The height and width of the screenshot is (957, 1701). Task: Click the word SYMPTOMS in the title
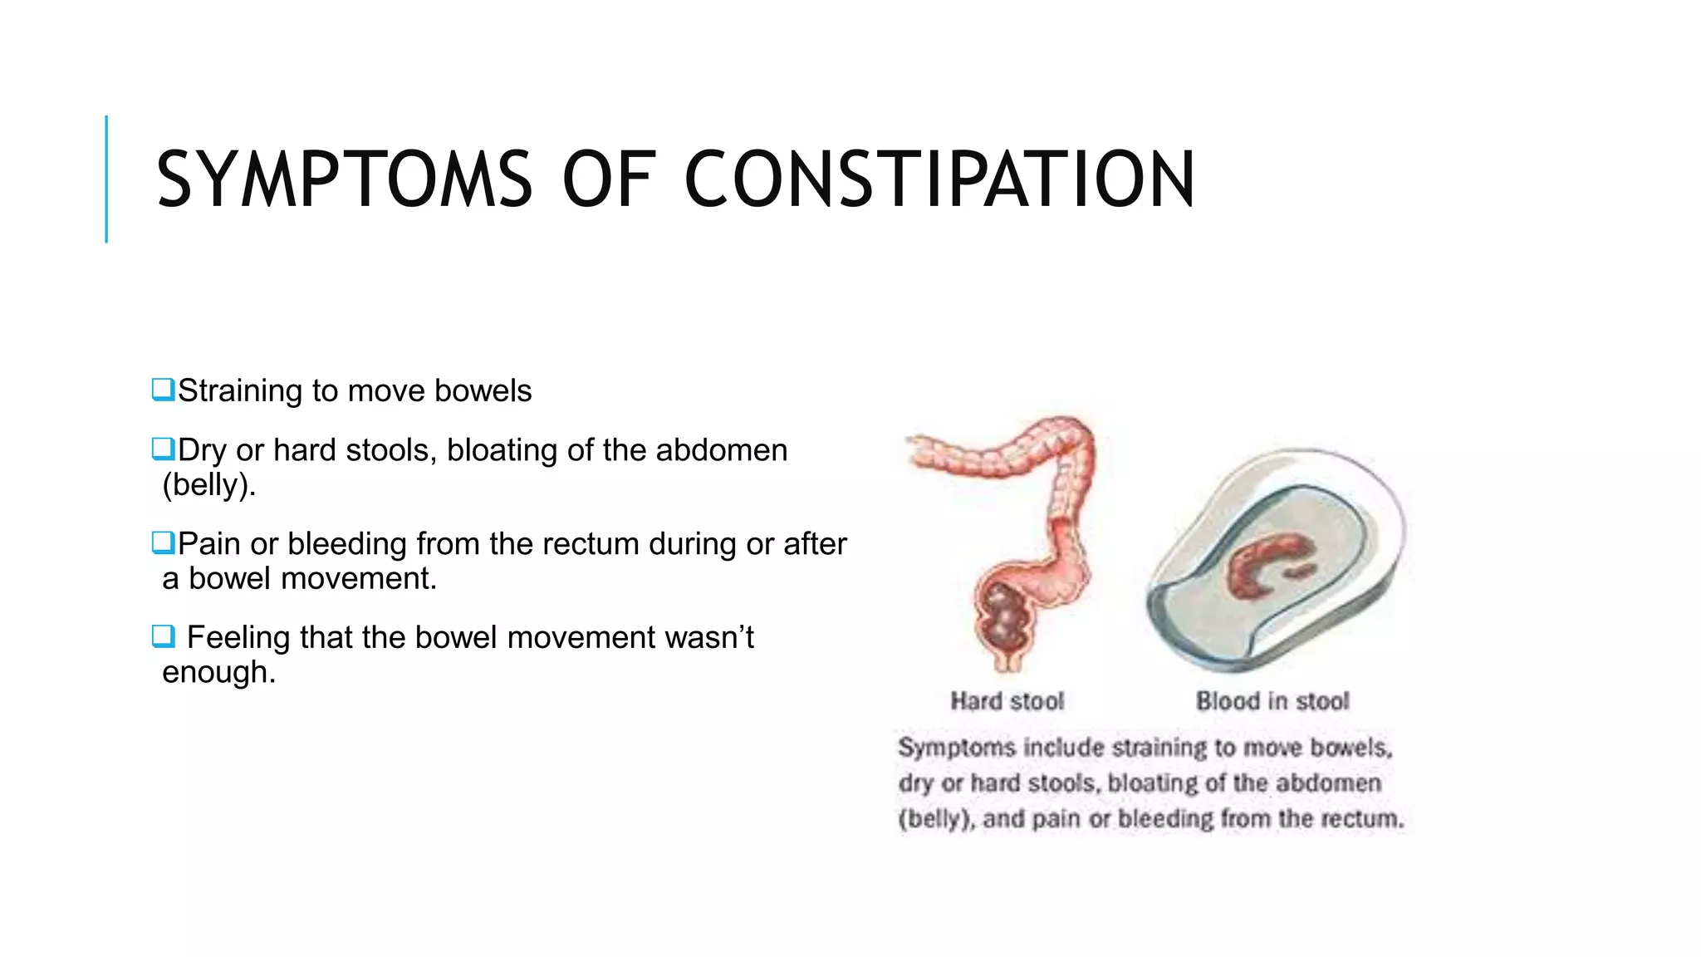coord(344,179)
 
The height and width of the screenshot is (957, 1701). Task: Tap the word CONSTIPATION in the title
coord(939,179)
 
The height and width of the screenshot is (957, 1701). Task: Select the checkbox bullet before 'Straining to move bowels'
coord(163,390)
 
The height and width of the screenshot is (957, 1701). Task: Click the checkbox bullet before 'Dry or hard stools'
coord(163,449)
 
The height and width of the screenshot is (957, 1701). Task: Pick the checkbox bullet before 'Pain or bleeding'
coord(163,543)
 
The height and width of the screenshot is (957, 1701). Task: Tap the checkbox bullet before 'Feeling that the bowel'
coord(163,637)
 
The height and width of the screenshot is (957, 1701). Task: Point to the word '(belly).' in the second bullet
coord(208,484)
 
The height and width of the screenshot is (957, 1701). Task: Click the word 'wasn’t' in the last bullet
coord(709,637)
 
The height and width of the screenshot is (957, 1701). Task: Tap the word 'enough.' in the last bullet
coord(218,672)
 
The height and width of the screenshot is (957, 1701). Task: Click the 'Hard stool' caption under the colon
coord(1007,701)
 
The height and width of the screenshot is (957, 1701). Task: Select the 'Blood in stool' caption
coord(1272,701)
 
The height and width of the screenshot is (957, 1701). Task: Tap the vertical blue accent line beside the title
coord(106,179)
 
